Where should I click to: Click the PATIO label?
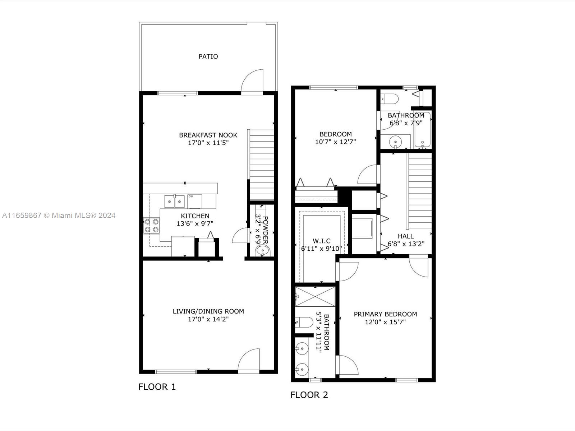(x=208, y=56)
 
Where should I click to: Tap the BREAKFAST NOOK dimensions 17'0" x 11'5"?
(x=208, y=143)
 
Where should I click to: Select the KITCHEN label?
(x=195, y=216)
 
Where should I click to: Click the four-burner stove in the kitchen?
(x=151, y=226)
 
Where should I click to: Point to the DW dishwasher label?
(x=190, y=196)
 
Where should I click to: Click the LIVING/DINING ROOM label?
(x=208, y=311)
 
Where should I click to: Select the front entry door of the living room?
(x=249, y=360)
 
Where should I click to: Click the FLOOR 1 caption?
(x=157, y=387)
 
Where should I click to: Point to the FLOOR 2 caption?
(x=309, y=395)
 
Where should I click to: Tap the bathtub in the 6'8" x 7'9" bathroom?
(x=422, y=130)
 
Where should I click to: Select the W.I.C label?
(x=321, y=241)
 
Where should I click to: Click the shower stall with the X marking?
(x=315, y=297)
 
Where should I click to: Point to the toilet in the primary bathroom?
(x=304, y=322)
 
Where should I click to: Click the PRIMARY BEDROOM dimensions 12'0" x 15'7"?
(x=385, y=322)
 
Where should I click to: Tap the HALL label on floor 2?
(x=406, y=236)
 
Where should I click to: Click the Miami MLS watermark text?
(x=59, y=215)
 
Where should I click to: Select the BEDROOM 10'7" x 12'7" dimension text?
(x=336, y=142)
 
